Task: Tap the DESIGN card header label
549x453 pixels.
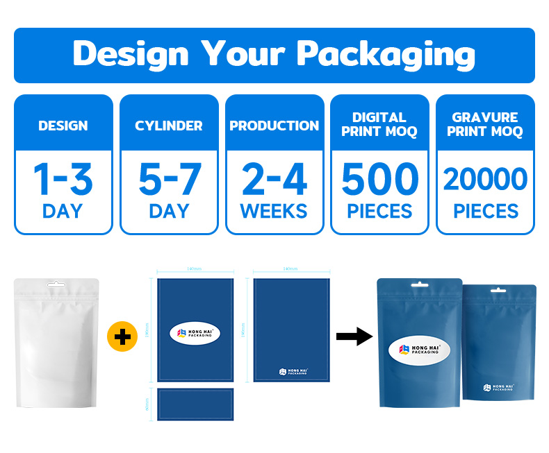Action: pos(63,126)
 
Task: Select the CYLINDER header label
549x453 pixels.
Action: pos(169,126)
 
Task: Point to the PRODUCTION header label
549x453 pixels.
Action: pos(274,126)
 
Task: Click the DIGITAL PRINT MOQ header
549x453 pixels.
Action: pos(379,124)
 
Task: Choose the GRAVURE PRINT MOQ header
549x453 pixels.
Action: pos(485,124)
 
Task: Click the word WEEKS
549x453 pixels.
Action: pos(274,210)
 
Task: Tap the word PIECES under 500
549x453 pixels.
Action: pos(379,210)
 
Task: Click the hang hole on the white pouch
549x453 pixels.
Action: pos(56,284)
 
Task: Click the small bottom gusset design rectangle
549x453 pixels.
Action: pos(195,404)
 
